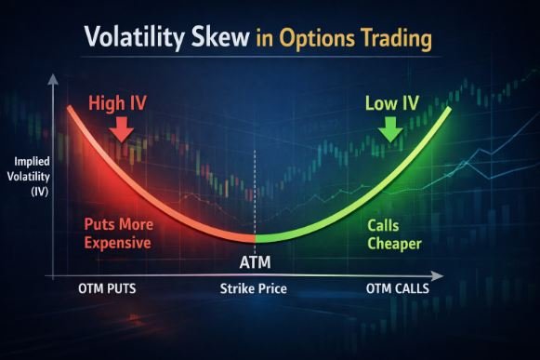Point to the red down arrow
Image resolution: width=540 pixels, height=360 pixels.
120,134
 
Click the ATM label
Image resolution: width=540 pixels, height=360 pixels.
255,263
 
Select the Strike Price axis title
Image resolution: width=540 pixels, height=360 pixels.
254,289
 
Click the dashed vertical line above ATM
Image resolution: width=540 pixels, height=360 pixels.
255,195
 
